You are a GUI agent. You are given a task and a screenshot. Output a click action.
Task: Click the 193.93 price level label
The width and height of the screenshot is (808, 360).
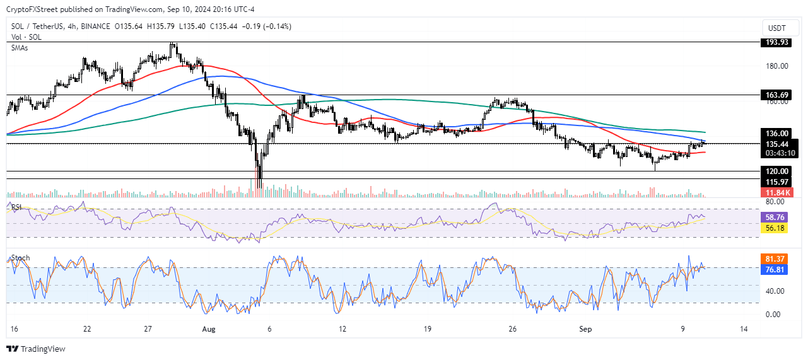(x=775, y=42)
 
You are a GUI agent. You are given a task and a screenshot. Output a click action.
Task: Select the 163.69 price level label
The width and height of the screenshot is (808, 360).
(x=775, y=95)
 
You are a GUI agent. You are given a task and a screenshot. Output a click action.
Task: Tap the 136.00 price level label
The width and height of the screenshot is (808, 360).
(x=775, y=134)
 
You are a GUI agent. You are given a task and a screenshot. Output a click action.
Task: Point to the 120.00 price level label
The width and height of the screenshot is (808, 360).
(x=775, y=171)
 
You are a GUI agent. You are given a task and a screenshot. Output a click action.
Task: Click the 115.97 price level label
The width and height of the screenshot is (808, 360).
(x=775, y=182)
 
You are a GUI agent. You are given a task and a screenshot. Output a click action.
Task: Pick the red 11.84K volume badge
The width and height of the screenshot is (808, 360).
(x=775, y=192)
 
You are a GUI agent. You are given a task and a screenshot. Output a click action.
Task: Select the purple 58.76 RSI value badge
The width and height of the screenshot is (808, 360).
(x=775, y=216)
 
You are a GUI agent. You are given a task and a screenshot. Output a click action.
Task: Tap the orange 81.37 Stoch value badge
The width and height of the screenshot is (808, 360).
(x=775, y=258)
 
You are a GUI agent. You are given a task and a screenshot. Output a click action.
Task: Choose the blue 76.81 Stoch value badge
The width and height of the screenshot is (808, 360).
(x=775, y=269)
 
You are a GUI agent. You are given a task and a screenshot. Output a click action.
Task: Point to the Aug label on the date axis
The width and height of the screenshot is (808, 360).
(x=209, y=329)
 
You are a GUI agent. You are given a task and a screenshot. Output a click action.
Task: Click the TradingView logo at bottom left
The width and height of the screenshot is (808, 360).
(x=36, y=349)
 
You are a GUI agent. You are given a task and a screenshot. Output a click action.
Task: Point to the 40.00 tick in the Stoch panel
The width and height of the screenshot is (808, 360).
(x=775, y=291)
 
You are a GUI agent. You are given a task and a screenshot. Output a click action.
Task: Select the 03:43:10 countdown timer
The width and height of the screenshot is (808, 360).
(x=775, y=153)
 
